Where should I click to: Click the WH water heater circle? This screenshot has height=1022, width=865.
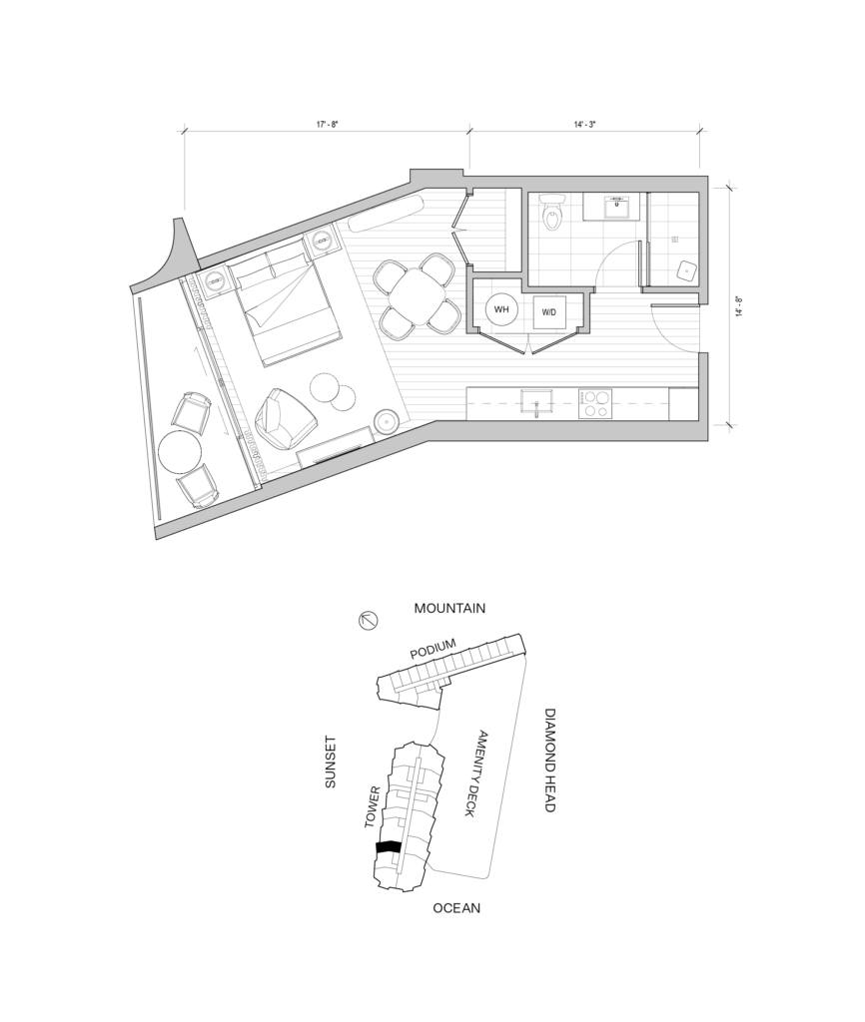(x=501, y=309)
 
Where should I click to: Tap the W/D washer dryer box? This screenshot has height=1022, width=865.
(x=549, y=312)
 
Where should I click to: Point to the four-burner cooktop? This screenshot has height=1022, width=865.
(x=595, y=403)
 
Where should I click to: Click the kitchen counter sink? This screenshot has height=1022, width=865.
(x=536, y=402)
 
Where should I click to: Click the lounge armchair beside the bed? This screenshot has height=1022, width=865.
(x=285, y=419)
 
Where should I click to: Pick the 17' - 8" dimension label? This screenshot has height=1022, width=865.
(x=328, y=124)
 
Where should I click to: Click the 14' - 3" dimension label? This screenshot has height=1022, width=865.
(x=585, y=124)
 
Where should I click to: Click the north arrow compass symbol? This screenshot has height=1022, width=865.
(x=369, y=621)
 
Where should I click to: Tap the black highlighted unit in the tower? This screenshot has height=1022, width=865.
(x=389, y=846)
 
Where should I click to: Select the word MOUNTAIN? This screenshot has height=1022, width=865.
(x=450, y=608)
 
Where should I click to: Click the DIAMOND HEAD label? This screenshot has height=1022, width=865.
(x=549, y=760)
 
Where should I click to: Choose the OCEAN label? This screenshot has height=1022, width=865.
(x=456, y=907)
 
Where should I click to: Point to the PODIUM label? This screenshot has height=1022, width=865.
(x=432, y=649)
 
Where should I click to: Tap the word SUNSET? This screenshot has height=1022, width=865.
(x=330, y=762)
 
